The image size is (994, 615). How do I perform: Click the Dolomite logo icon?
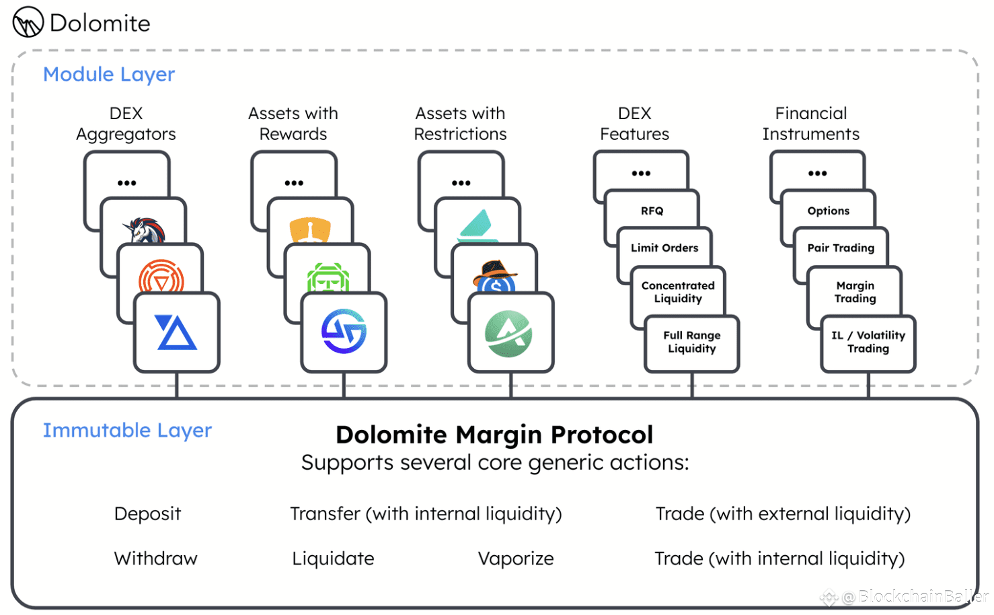point(28,22)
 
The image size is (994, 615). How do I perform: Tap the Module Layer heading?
point(109,75)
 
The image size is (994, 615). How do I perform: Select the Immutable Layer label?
point(127,431)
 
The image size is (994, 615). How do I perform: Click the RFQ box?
point(652,211)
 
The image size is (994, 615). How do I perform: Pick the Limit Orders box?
point(664,248)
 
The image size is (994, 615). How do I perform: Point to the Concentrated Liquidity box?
point(678,292)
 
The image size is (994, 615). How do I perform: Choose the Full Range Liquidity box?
point(692,342)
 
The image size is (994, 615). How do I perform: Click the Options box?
point(828,211)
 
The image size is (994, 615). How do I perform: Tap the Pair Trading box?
point(841,248)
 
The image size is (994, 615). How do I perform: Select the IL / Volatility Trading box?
point(868,342)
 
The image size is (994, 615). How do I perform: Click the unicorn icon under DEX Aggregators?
point(144,230)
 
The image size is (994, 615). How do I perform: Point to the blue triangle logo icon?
point(176,332)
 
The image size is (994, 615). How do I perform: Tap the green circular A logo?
point(508,334)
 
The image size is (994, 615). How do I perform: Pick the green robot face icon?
point(328,277)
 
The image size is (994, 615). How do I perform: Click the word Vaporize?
point(516,558)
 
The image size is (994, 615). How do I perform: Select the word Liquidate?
point(333,558)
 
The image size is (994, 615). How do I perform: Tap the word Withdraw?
point(156,558)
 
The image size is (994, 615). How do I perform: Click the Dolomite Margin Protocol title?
point(494,434)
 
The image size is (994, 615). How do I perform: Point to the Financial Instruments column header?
point(810,123)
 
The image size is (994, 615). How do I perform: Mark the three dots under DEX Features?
point(641,173)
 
